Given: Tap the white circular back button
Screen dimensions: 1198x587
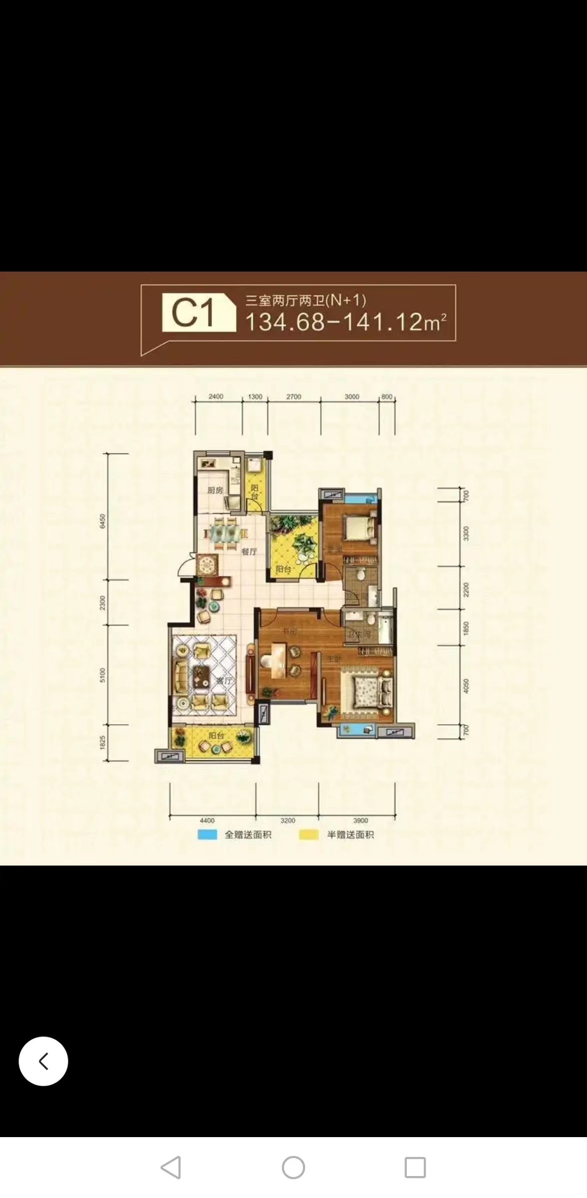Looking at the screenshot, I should [43, 1061].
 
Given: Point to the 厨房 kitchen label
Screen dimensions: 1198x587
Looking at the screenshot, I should [215, 491].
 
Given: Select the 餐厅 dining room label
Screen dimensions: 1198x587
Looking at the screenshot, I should [249, 552].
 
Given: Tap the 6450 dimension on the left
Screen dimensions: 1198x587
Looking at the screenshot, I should [103, 521].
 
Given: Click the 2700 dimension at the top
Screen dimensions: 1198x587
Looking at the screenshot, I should [293, 397].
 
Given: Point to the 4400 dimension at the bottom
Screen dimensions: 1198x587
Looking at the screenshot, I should [207, 820].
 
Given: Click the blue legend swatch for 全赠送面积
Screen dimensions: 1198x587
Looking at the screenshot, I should [207, 835].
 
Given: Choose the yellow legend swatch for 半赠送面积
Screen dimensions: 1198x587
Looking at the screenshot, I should [308, 835].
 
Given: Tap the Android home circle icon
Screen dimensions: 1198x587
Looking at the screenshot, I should [293, 1168].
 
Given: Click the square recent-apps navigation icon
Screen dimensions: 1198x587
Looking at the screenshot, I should [415, 1168].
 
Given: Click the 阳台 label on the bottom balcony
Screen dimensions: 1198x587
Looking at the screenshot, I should [216, 735].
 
